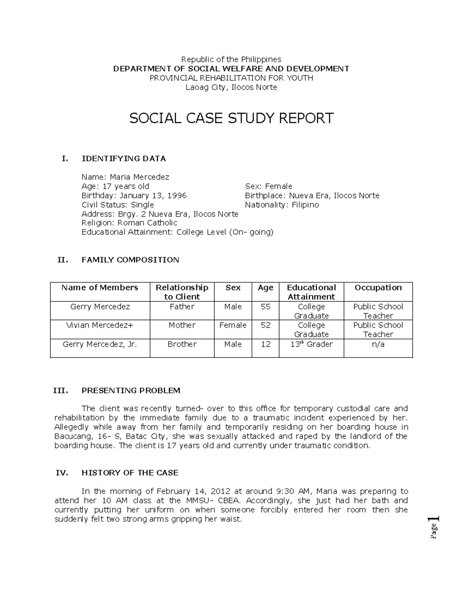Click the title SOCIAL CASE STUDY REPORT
(231, 118)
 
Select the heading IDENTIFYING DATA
(123, 159)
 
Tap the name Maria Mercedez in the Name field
(139, 177)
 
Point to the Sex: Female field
(269, 186)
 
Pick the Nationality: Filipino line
(282, 205)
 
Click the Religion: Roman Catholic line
(129, 223)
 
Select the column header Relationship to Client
(182, 292)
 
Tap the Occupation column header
(378, 288)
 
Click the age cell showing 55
(265, 307)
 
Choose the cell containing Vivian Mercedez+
(100, 325)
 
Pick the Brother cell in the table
(182, 344)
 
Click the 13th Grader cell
(311, 344)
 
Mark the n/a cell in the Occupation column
(378, 344)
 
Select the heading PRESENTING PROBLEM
(131, 390)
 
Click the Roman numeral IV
(62, 473)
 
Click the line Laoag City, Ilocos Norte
(231, 87)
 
